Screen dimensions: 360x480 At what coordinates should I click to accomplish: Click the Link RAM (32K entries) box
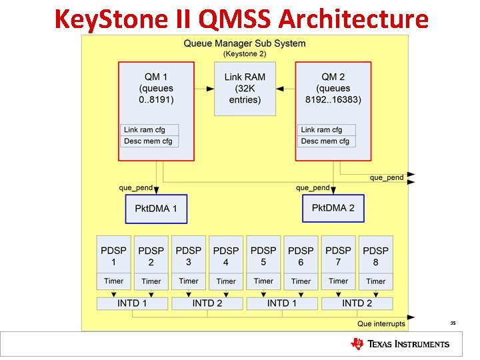(245, 89)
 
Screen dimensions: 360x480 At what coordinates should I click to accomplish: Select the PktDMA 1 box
(156, 209)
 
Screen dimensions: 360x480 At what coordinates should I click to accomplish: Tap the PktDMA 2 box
(333, 208)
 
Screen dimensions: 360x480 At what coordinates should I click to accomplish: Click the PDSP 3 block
(189, 255)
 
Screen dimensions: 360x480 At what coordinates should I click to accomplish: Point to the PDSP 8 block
(375, 255)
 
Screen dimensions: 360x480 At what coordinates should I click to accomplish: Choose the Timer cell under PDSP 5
(263, 281)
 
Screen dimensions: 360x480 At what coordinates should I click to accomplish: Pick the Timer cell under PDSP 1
(114, 281)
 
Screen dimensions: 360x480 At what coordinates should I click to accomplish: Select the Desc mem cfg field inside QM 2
(325, 141)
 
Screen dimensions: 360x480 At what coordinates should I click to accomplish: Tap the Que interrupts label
(381, 324)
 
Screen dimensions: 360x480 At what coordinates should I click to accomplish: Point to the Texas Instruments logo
(400, 344)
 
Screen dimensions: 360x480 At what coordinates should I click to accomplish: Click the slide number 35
(453, 323)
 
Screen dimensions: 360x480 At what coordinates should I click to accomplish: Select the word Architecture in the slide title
(353, 19)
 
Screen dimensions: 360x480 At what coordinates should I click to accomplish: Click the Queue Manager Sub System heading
(244, 44)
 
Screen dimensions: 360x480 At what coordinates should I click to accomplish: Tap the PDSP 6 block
(301, 255)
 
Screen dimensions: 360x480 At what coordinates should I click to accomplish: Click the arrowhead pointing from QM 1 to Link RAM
(210, 89)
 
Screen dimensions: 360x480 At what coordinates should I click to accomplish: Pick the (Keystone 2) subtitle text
(244, 53)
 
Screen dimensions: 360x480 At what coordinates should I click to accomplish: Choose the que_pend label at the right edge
(387, 177)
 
